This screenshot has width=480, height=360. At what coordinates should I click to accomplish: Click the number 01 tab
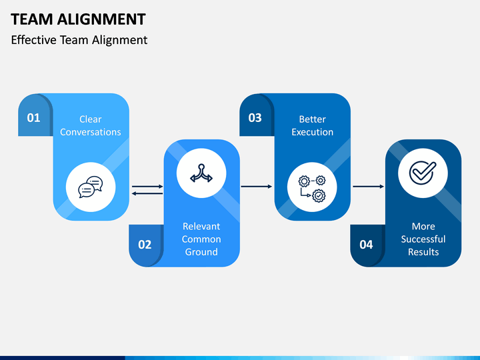coord(34,118)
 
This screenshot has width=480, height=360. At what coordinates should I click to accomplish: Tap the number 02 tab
coord(145,245)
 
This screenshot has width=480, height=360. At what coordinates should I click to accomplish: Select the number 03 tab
coord(255,118)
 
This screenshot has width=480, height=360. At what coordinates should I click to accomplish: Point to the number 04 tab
coord(366,245)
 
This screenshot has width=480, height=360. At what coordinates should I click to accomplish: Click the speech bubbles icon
coord(91,187)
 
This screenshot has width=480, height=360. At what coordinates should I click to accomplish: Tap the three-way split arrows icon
coord(201,173)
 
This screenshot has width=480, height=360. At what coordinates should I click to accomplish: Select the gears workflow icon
coord(312,189)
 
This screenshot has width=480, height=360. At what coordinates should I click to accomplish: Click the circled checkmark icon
coord(423,173)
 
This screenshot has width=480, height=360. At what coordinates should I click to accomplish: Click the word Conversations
coord(90,132)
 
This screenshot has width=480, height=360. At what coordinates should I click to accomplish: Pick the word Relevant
coord(201,226)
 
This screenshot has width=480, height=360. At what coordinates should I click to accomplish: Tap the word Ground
coord(201,252)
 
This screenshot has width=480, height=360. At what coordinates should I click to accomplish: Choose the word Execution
coord(312,132)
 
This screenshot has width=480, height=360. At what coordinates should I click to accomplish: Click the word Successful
coord(423,239)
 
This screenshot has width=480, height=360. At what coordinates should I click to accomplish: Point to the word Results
coord(423,252)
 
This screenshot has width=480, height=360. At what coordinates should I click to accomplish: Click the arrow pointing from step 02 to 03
coord(257,187)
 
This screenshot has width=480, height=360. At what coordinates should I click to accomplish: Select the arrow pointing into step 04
coord(368,187)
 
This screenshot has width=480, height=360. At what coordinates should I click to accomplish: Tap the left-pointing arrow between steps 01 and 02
coord(147,193)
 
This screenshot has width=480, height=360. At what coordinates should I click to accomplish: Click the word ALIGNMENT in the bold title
coord(101,19)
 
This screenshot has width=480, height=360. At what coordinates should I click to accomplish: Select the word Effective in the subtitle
coord(34,40)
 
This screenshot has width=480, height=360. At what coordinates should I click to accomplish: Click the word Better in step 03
coord(312,119)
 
